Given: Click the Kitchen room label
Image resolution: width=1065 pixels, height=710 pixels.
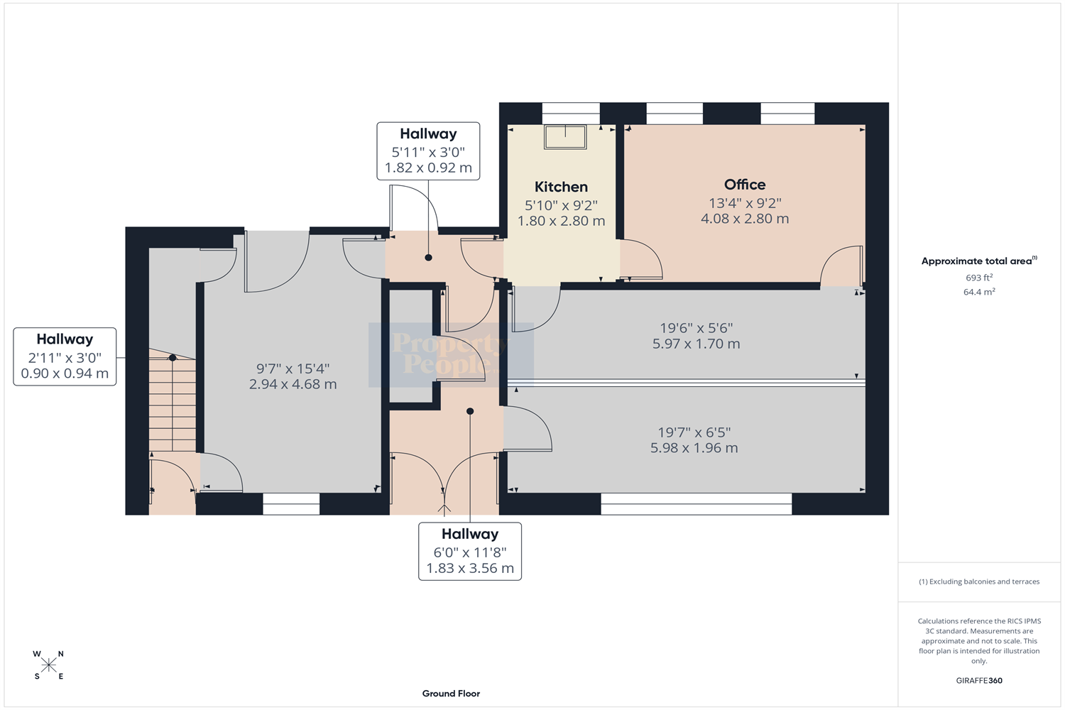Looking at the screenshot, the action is point(561,187).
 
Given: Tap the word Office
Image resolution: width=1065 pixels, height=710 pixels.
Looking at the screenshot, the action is point(745,185).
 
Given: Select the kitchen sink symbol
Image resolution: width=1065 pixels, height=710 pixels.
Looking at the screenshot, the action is point(565,137).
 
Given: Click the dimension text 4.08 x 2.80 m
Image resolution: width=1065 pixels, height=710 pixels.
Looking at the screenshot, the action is point(745,219).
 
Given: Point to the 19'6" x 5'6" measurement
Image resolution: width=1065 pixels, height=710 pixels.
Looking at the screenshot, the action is point(696,328).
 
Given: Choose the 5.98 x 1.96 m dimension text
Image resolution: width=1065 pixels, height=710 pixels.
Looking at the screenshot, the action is point(694,448).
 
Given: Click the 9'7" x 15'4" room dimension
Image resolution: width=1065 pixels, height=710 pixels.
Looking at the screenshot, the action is point(293,368).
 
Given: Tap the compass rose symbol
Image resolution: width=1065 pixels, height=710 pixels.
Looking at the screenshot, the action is point(48,665).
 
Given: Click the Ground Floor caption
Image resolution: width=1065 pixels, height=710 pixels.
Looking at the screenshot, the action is point(451,694).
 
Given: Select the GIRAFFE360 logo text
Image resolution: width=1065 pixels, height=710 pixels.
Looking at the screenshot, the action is point(979,680).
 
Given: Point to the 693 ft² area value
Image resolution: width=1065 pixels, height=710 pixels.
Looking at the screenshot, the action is point(979,278).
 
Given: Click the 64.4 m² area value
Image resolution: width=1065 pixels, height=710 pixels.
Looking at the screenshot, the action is point(979,292).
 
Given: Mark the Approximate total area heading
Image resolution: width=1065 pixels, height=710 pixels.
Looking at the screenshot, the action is point(979,261).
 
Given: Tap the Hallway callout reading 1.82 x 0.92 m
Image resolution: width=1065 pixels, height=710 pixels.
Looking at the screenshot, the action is point(428,151).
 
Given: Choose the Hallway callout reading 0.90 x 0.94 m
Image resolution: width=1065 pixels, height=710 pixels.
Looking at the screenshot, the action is point(65,356).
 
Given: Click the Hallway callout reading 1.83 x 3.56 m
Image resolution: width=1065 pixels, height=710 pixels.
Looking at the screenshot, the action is point(470,552).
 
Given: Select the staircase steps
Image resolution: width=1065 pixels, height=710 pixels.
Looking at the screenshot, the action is point(172,400).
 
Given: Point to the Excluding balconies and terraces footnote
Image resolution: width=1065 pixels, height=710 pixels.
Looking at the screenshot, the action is point(979,581).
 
